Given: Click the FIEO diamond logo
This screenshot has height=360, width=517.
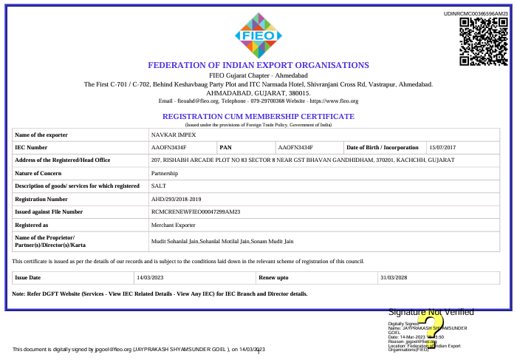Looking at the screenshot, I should (x=258, y=34).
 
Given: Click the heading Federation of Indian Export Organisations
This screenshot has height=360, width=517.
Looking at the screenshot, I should (x=258, y=65).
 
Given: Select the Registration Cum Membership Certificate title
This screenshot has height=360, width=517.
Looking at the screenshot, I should (x=258, y=117).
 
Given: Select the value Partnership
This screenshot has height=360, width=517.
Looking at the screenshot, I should (x=165, y=173).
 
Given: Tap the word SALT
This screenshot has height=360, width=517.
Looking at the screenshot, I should (x=158, y=186).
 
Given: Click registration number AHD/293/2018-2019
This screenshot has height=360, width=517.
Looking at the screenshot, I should (x=176, y=199).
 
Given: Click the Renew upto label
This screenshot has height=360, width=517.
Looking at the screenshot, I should (x=273, y=277).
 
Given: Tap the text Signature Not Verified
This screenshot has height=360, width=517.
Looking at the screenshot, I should (x=431, y=313).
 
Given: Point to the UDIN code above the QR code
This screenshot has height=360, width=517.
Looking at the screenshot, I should (x=476, y=14).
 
